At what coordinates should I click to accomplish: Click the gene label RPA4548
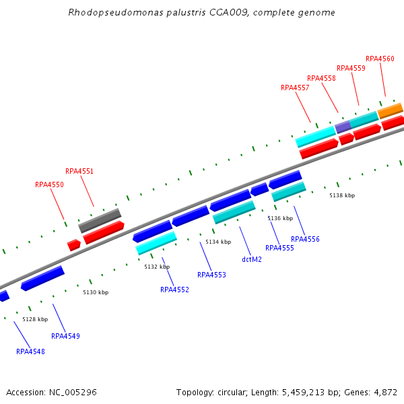coord(30,351)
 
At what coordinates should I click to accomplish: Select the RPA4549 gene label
coord(65,336)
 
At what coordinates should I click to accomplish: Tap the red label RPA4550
coord(49,184)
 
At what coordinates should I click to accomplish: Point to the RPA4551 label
coord(79,171)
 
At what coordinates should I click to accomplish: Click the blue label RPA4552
coord(174,290)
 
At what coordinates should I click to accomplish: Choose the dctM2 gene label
coord(252,259)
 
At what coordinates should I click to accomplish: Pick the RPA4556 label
coord(305,239)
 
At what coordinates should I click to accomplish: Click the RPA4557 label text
coord(295,88)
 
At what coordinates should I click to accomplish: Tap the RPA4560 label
coord(380,59)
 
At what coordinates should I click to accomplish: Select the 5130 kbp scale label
coord(96,292)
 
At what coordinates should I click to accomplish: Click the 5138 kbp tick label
coord(342,195)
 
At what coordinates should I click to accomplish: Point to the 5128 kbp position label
coord(35,319)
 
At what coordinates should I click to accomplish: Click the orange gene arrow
coord(390,110)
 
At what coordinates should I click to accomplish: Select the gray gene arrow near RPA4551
coord(100,220)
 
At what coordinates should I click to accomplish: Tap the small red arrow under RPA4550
coord(73,245)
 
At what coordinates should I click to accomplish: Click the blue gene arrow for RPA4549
coord(42,277)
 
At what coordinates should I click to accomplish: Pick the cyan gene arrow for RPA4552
coord(156,242)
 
